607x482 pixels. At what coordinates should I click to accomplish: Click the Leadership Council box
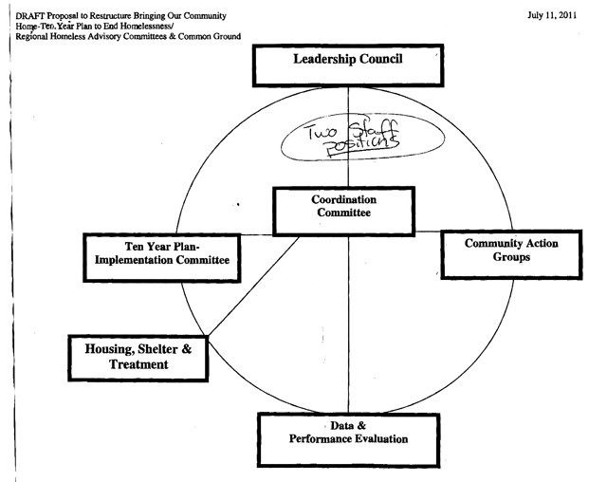[348, 65]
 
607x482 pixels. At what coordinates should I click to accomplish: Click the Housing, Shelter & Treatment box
[138, 357]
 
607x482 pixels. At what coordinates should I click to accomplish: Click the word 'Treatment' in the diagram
[138, 365]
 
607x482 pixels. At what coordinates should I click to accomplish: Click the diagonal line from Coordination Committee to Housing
[252, 285]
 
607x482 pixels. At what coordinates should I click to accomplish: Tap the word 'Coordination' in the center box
[343, 200]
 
